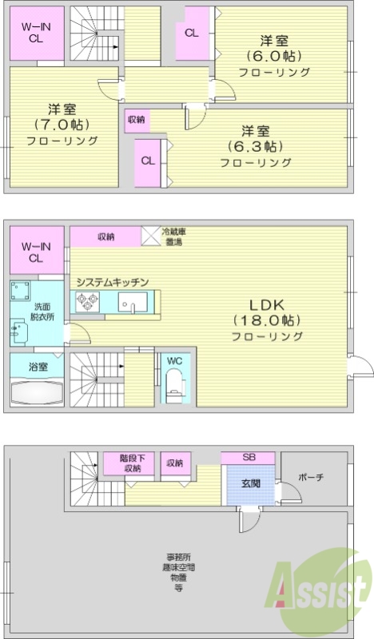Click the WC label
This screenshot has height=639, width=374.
point(174,360)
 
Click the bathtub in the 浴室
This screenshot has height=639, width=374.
point(38,395)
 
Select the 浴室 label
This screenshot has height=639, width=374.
point(38,367)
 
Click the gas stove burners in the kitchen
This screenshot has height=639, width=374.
point(87,302)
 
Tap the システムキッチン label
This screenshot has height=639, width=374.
point(113,281)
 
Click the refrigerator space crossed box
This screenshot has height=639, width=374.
point(150,236)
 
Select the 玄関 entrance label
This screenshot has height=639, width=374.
point(249,482)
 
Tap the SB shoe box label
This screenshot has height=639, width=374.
point(249,457)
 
